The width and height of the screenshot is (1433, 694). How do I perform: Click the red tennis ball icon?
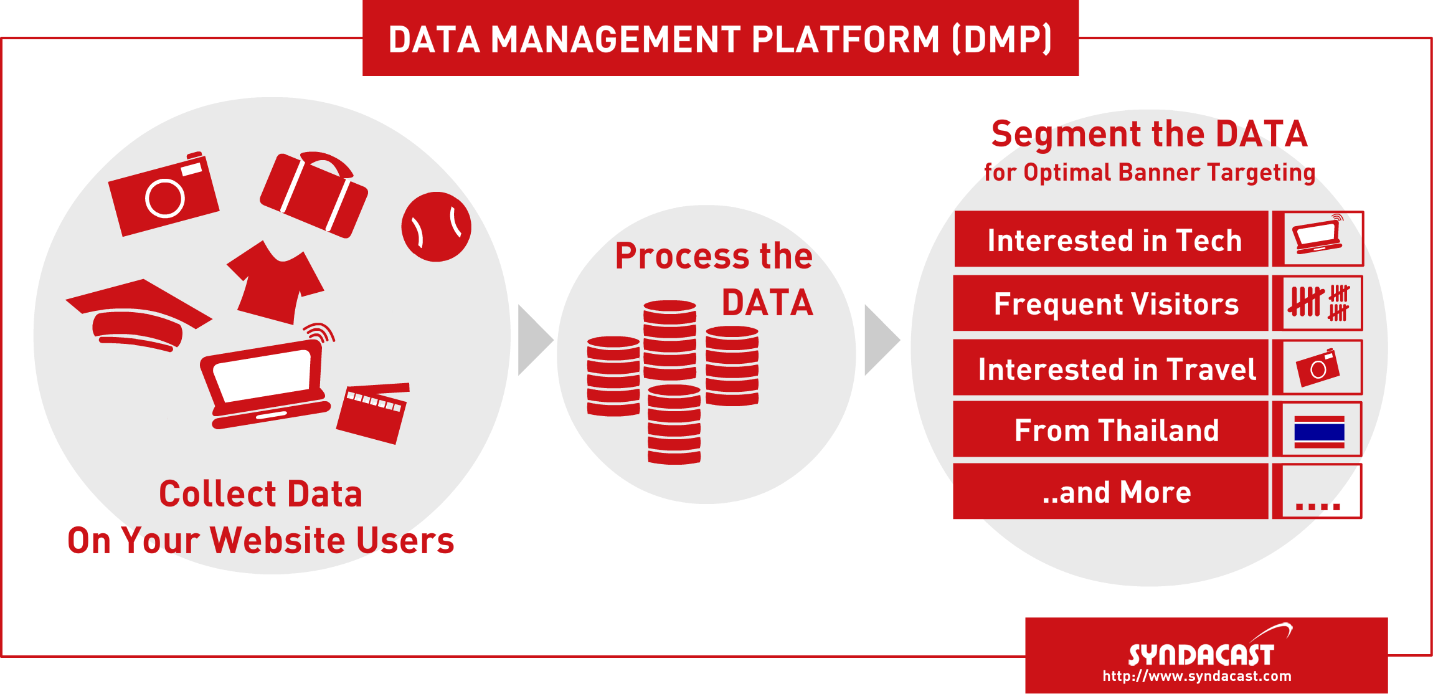[x=436, y=227]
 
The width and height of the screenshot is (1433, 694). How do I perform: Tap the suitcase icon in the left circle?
[x=313, y=195]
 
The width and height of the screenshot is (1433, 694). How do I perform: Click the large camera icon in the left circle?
[x=163, y=195]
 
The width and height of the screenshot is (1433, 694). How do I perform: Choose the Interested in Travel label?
[x=1116, y=369]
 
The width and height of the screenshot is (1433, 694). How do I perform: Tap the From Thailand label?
[x=1116, y=430]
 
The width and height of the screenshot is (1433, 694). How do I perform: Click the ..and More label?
[x=1116, y=492]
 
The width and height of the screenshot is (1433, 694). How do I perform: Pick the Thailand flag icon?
[x=1318, y=431]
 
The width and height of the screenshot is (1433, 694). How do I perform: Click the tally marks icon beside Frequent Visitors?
[x=1318, y=303]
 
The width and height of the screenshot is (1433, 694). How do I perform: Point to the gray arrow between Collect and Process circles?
[x=533, y=340]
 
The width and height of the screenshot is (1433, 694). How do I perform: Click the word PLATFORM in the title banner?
[x=844, y=39]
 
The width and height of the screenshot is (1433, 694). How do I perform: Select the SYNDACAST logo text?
[x=1201, y=655]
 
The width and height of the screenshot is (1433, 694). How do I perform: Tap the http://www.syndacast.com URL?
[x=1196, y=677]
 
